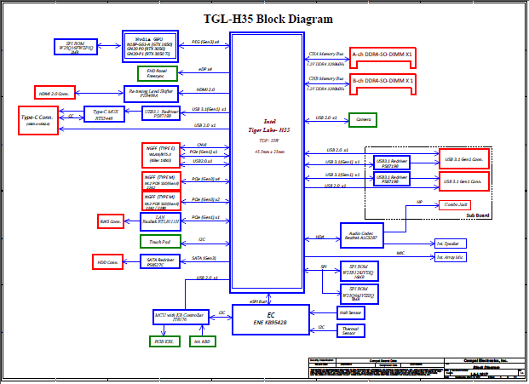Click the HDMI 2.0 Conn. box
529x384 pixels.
coord(57,92)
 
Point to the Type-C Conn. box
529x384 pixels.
coord(38,119)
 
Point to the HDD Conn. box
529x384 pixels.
coord(108,261)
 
